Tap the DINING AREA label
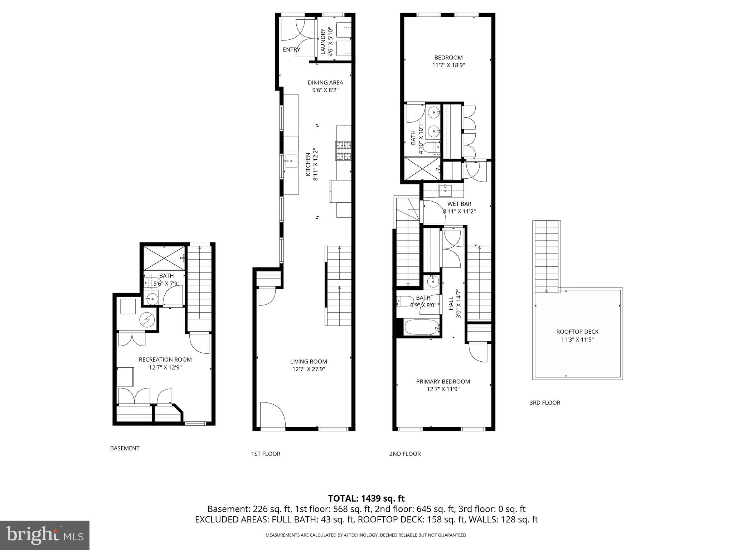point(325,83)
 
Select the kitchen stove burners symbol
point(344,151)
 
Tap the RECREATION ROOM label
point(165,360)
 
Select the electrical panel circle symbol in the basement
point(147,320)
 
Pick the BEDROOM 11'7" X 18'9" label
point(448,58)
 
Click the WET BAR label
point(459,204)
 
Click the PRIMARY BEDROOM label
point(443,382)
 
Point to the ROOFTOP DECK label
point(577,332)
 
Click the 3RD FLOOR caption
point(544,402)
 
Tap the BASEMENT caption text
point(125,448)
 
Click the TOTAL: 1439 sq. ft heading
point(366,498)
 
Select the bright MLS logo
point(44,535)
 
